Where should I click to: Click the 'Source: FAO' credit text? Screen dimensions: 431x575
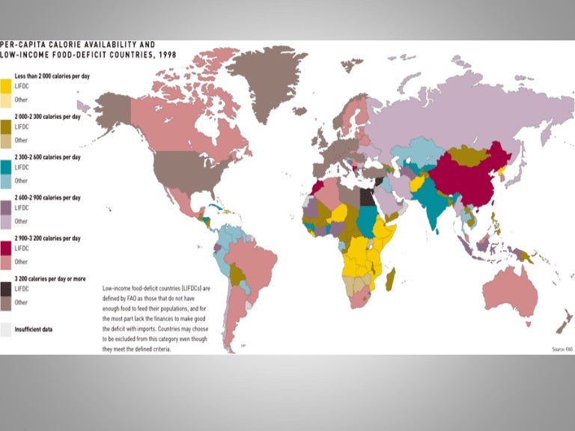pos(562,349)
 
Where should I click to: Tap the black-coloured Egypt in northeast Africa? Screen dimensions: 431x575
pos(366,196)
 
